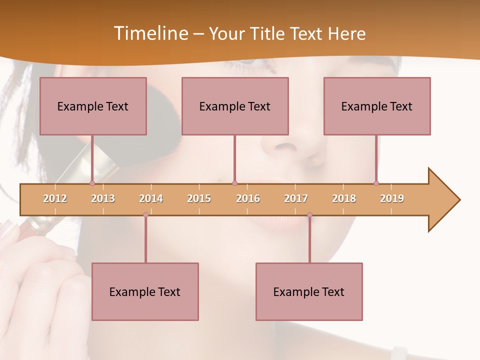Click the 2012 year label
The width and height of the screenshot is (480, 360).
point(55,198)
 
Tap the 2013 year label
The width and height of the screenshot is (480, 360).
point(103,198)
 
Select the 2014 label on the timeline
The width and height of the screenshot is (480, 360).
point(151,198)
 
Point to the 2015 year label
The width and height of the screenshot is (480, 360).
point(199,198)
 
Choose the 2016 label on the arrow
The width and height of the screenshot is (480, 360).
point(248,198)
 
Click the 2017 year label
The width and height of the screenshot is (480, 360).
point(296,198)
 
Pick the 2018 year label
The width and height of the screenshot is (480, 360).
point(344,198)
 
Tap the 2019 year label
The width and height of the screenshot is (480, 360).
point(392,198)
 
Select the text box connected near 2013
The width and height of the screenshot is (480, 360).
point(93,106)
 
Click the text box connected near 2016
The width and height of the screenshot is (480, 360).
point(235,106)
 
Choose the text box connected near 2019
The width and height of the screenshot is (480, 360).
point(377,106)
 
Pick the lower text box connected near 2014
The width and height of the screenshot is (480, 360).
point(145,291)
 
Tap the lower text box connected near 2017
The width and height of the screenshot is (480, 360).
point(309,291)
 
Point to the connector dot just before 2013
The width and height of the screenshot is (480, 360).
point(92,183)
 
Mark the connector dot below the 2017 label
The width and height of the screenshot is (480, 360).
point(309,215)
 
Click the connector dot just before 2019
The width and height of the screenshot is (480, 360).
point(376,183)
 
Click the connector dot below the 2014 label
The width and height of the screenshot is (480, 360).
point(145,215)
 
